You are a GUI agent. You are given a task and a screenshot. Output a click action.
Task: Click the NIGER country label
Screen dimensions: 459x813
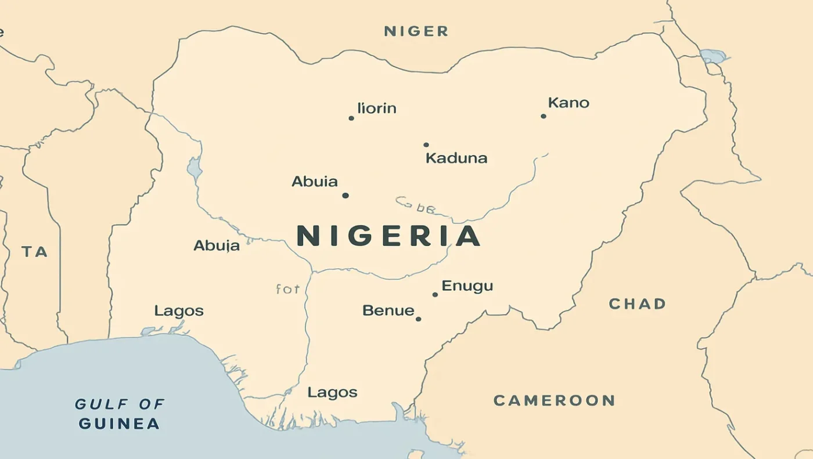pyautogui.click(x=416, y=31)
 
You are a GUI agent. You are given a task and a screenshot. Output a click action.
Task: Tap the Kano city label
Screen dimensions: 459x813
pyautogui.click(x=569, y=103)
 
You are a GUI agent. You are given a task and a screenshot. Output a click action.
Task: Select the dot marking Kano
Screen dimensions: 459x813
pyautogui.click(x=544, y=116)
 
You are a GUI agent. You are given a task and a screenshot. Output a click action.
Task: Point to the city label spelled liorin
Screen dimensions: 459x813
pyautogui.click(x=377, y=108)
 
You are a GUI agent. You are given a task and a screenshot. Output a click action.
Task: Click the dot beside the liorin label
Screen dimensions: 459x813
pyautogui.click(x=351, y=118)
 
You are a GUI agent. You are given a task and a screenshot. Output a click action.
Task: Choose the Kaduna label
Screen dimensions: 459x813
pyautogui.click(x=456, y=158)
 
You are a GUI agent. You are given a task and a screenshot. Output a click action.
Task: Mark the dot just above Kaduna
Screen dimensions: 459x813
pyautogui.click(x=426, y=144)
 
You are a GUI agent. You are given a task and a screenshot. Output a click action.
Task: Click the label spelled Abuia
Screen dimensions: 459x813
pyautogui.click(x=314, y=182)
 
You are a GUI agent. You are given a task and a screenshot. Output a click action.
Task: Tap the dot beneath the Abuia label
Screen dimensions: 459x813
pyautogui.click(x=346, y=196)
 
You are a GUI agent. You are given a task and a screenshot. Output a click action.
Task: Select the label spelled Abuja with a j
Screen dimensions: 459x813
pyautogui.click(x=216, y=245)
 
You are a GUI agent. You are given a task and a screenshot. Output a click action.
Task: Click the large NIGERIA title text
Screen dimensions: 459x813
pyautogui.click(x=388, y=236)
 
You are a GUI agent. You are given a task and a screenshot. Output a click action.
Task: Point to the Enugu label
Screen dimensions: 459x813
pyautogui.click(x=467, y=285)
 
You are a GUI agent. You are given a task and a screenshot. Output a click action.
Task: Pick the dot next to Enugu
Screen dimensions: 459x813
pyautogui.click(x=435, y=295)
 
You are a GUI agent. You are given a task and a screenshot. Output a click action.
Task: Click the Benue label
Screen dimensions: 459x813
pyautogui.click(x=388, y=310)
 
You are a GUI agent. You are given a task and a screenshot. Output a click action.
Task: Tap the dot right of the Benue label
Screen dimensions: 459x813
pyautogui.click(x=418, y=319)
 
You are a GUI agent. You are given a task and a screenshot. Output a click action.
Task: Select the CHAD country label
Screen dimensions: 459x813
pyautogui.click(x=637, y=303)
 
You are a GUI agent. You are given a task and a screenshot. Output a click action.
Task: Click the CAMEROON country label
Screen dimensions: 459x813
pyautogui.click(x=553, y=400)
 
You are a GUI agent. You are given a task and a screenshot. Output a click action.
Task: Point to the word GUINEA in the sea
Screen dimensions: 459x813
pyautogui.click(x=119, y=424)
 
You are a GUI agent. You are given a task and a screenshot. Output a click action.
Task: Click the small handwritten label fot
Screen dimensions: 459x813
pyautogui.click(x=287, y=288)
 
